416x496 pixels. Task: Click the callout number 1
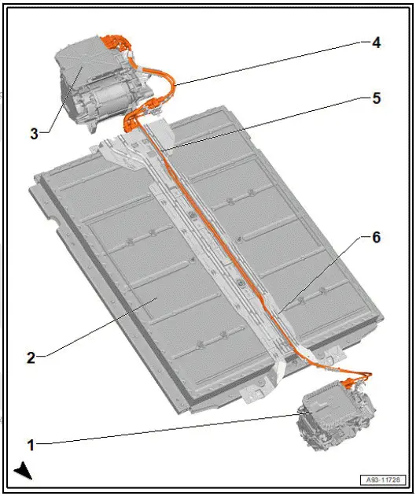click(x=31, y=445)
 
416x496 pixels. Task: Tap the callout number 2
click(x=31, y=357)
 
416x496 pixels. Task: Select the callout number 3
click(x=34, y=133)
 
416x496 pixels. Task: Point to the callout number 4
click(x=377, y=43)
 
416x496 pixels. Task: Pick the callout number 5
click(x=377, y=98)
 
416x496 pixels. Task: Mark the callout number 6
click(x=377, y=237)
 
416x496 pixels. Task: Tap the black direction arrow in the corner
click(x=23, y=472)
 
